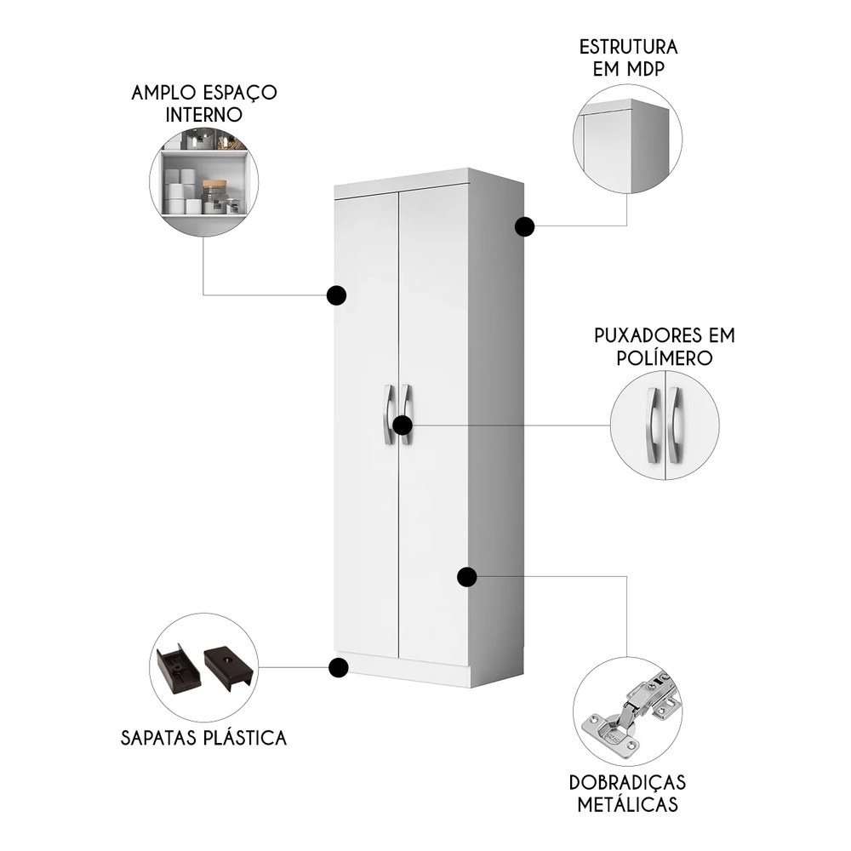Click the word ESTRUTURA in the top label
(x=629, y=46)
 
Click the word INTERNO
(x=204, y=114)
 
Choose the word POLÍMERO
(x=664, y=357)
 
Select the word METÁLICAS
(x=629, y=804)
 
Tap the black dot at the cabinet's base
(x=339, y=668)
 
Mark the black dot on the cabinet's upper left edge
(x=337, y=295)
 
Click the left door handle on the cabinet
(x=388, y=414)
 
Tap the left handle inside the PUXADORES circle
(x=654, y=425)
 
